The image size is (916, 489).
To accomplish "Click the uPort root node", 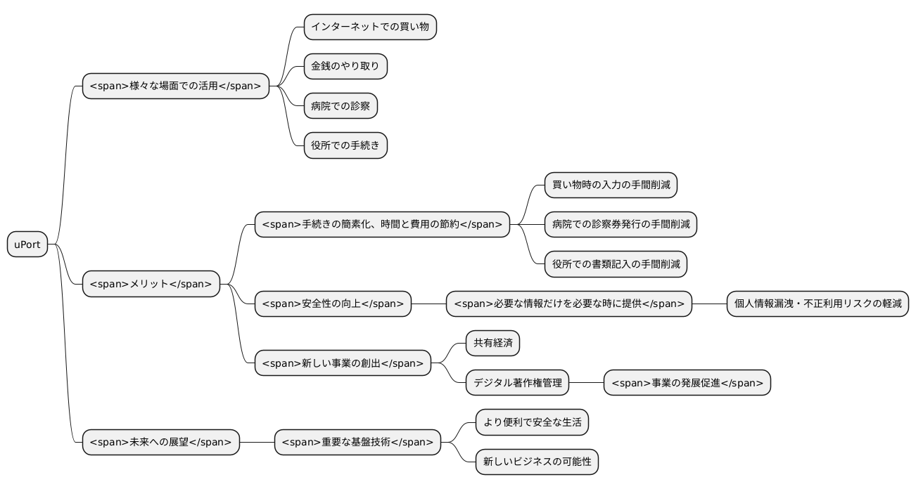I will pos(27,244).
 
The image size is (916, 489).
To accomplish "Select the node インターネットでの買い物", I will pos(370,27).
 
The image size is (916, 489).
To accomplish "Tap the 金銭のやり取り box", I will pos(345,67).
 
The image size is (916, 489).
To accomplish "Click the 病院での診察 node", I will pos(341,106).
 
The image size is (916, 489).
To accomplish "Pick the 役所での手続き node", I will pos(345,145).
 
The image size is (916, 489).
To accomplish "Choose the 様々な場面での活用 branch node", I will pos(176,86).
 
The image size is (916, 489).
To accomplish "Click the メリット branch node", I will pos(151,284).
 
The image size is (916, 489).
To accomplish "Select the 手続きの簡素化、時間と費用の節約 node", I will pos(382,225).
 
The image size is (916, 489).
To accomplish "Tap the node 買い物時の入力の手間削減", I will pos(611,185).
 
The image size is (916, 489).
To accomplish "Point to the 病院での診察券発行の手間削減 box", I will pos(621,225).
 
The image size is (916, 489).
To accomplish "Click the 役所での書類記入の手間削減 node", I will pos(616,264).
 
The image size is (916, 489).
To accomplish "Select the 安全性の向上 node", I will pos(333,304).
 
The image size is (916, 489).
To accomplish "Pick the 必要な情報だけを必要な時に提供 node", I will pos(569,304).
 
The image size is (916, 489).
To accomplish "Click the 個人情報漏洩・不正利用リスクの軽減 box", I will pos(818,304).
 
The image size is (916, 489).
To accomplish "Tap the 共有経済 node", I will pos(492,344).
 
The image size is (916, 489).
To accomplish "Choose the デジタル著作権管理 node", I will pos(517,383).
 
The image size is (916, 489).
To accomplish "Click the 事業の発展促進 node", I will pos(687,383).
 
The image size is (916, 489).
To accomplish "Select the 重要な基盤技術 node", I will pos(357,443).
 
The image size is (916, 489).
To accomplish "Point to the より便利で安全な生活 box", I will pos(532,422).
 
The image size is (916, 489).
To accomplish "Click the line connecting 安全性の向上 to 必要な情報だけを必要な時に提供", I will pos(428,304).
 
